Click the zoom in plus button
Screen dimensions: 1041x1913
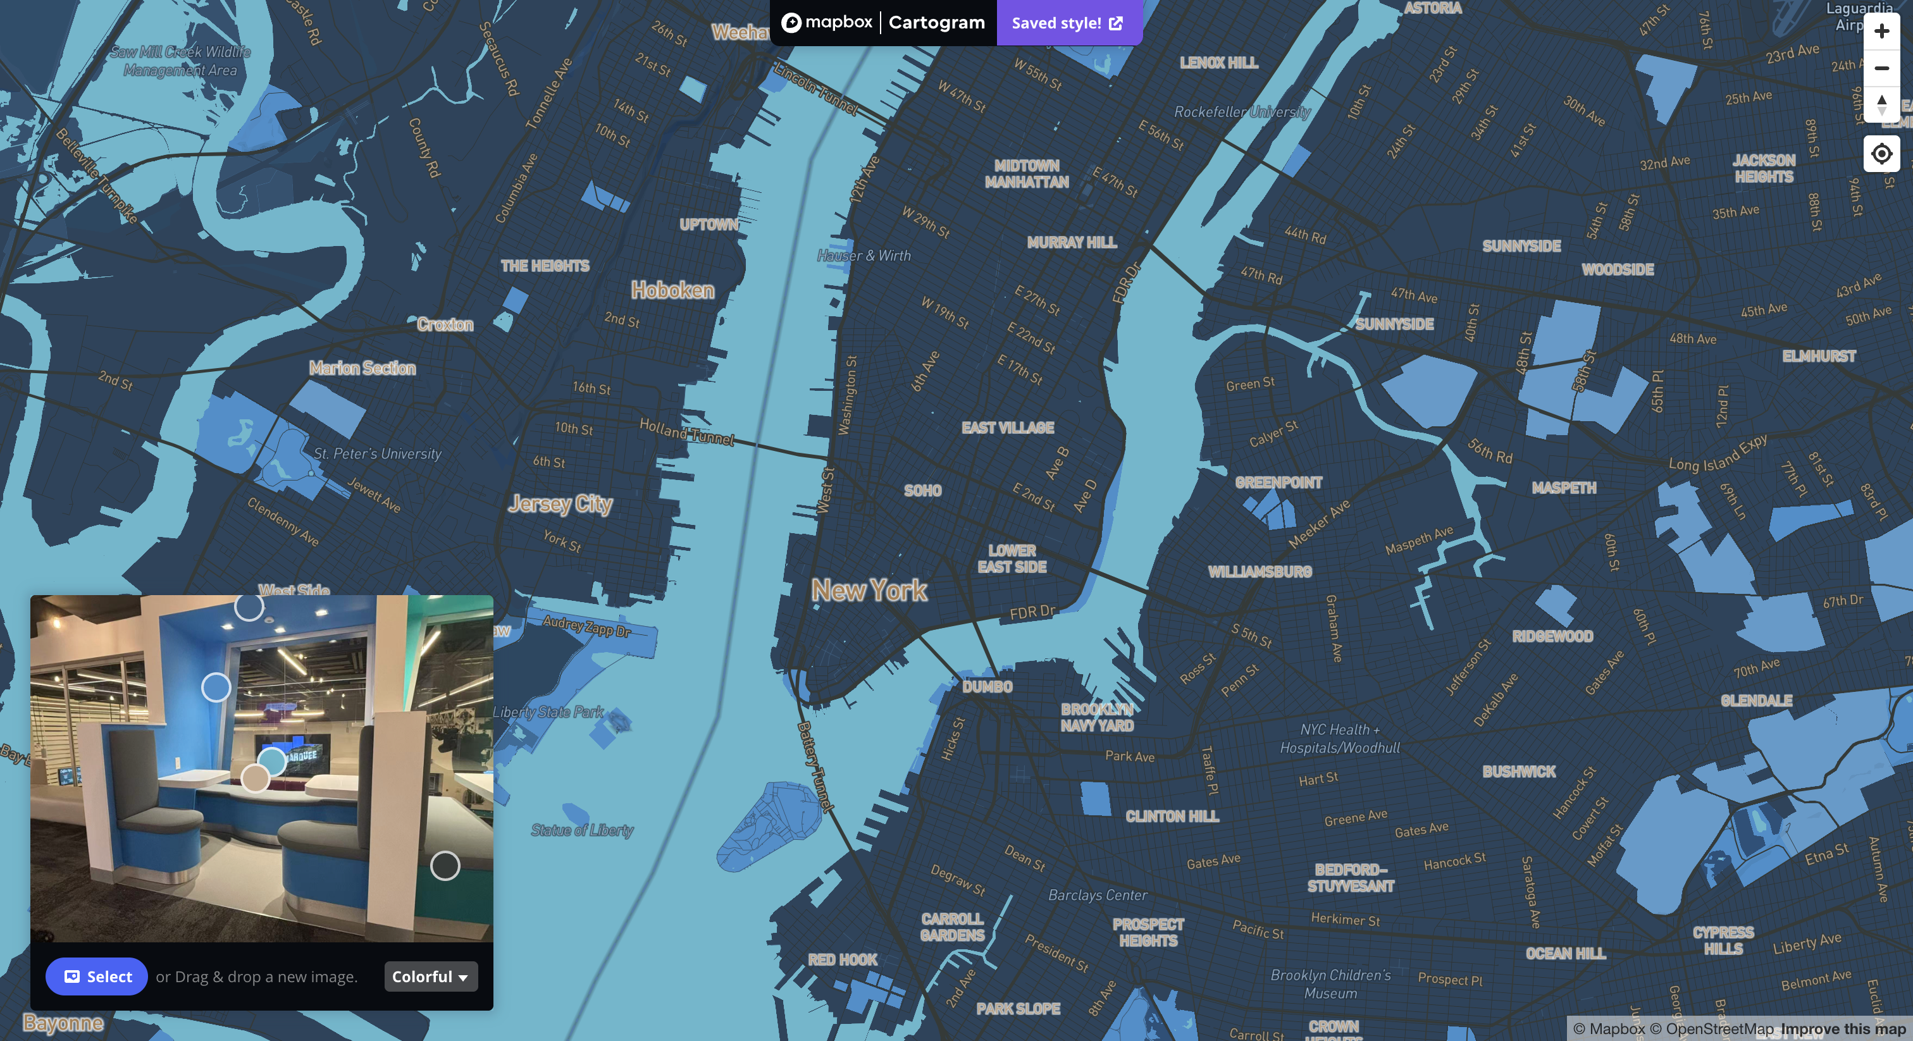1881,31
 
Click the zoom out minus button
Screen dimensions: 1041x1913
1881,68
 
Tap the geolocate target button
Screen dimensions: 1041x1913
1881,154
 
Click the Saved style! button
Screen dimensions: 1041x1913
1067,23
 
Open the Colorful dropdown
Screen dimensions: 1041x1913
431,976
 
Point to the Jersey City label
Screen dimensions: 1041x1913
560,504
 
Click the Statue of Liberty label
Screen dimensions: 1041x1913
582,830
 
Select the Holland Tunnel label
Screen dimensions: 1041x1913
687,431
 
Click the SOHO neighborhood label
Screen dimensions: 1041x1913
922,491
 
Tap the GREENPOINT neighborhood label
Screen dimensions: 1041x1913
1278,483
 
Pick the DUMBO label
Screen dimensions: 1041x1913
987,687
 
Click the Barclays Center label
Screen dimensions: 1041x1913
1098,896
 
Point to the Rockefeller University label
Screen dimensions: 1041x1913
1242,112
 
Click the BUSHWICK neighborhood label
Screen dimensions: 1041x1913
1519,772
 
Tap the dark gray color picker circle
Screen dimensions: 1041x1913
445,866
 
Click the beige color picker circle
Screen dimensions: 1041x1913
256,778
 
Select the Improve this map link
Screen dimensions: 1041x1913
1843,1028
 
